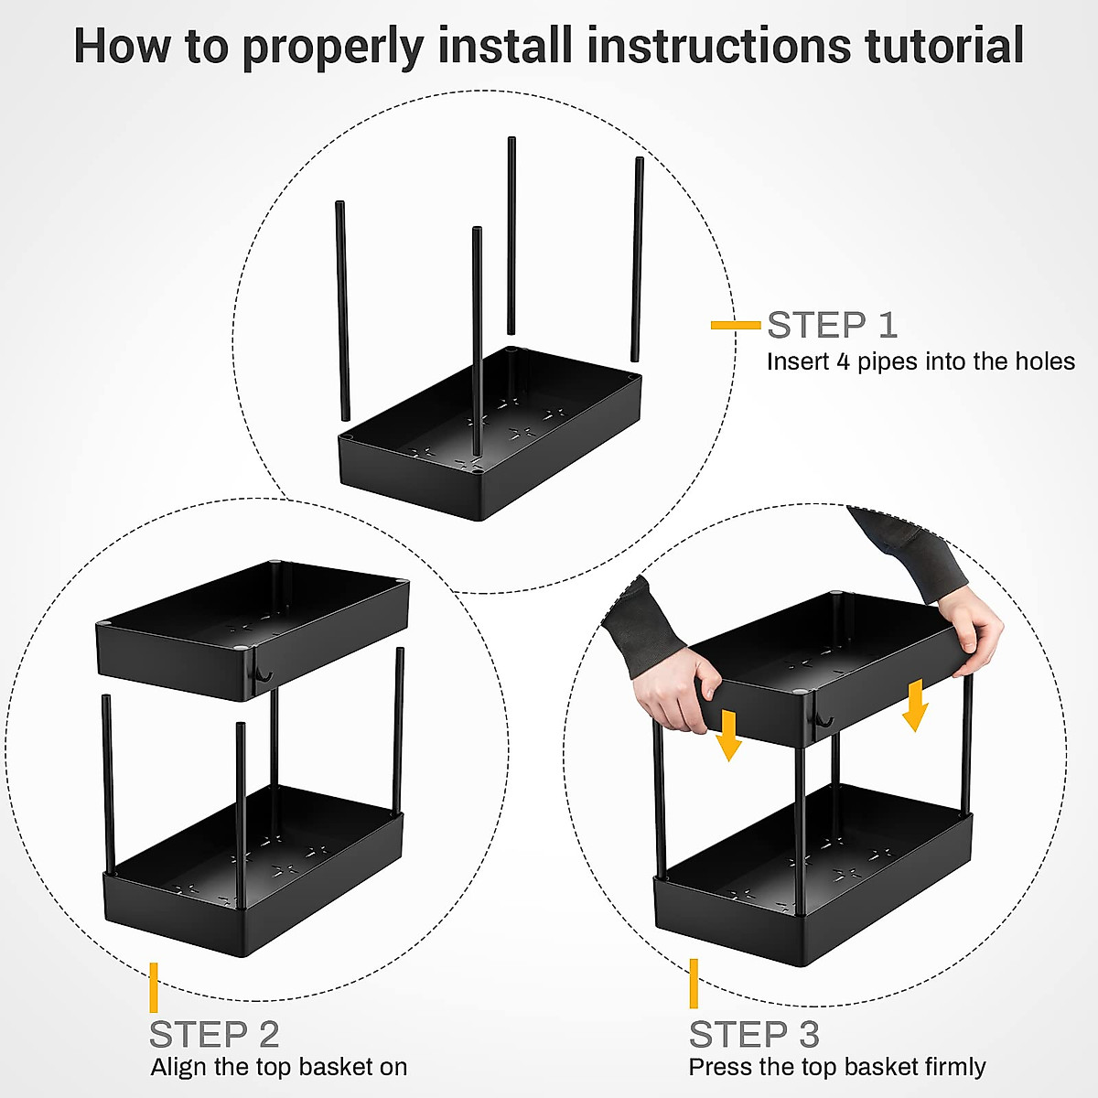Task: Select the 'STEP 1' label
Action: [x=833, y=325]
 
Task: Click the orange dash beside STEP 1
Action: [x=736, y=326]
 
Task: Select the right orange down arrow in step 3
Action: [x=915, y=705]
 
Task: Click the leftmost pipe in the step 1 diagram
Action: [x=342, y=310]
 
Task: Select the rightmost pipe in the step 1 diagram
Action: [x=637, y=259]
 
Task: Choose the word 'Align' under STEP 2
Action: [x=179, y=1067]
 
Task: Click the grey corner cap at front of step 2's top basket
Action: [x=242, y=647]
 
